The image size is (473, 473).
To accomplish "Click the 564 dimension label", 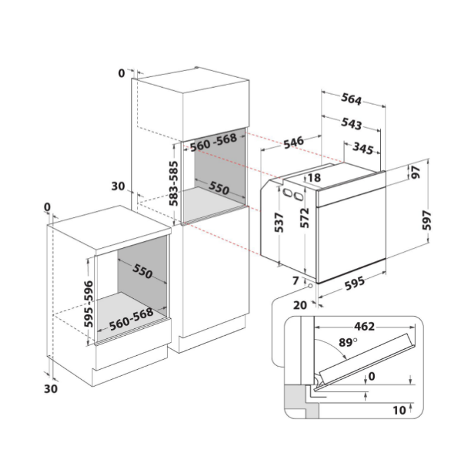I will pos(351,99).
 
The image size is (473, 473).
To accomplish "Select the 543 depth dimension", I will pos(351,123).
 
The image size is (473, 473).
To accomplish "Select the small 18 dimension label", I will pos(314,178).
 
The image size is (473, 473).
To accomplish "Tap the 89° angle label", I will pos(348,343).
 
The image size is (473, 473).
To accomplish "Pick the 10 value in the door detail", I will pos(400,410).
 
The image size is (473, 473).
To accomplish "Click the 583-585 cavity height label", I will pos(174,183).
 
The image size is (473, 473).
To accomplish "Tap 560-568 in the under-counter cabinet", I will pos(131,316).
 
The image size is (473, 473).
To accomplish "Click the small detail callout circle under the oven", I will pos(310,286).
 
